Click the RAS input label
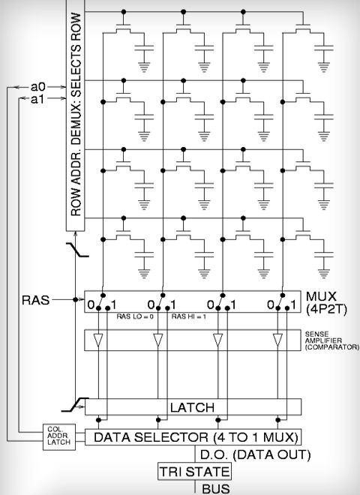click(36, 300)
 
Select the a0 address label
click(38, 86)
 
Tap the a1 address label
click(37, 100)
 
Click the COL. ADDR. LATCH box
click(59, 437)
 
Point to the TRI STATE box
click(194, 472)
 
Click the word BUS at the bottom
click(216, 489)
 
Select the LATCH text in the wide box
click(192, 407)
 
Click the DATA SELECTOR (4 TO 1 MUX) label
click(196, 437)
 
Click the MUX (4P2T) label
click(326, 303)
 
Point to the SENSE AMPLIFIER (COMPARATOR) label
click(332, 340)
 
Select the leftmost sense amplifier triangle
click(98, 340)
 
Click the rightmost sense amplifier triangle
click(277, 340)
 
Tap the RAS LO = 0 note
click(135, 316)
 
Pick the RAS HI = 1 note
click(188, 316)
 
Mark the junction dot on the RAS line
click(76, 299)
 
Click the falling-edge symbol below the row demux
click(77, 250)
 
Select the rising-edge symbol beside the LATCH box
click(75, 405)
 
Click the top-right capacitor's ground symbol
click(324, 67)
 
